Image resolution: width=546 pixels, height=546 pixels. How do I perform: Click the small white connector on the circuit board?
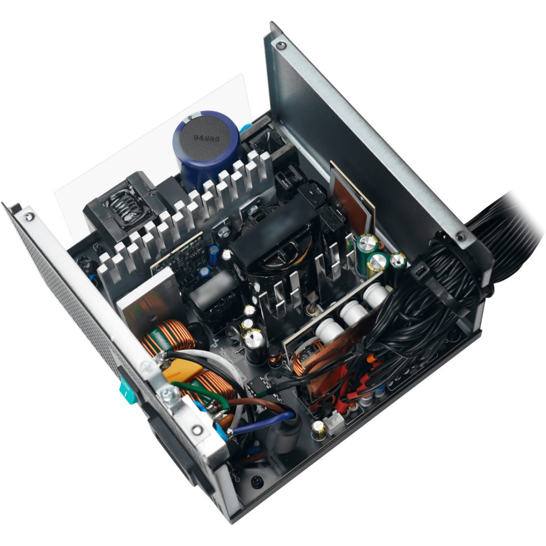pyautogui.click(x=333, y=423)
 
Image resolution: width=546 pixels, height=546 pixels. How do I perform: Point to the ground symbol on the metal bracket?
pyautogui.click(x=144, y=366)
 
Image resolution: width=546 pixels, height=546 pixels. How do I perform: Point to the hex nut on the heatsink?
pyautogui.click(x=224, y=230)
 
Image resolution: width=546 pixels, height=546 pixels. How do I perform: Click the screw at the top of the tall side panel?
pyautogui.click(x=280, y=46)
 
